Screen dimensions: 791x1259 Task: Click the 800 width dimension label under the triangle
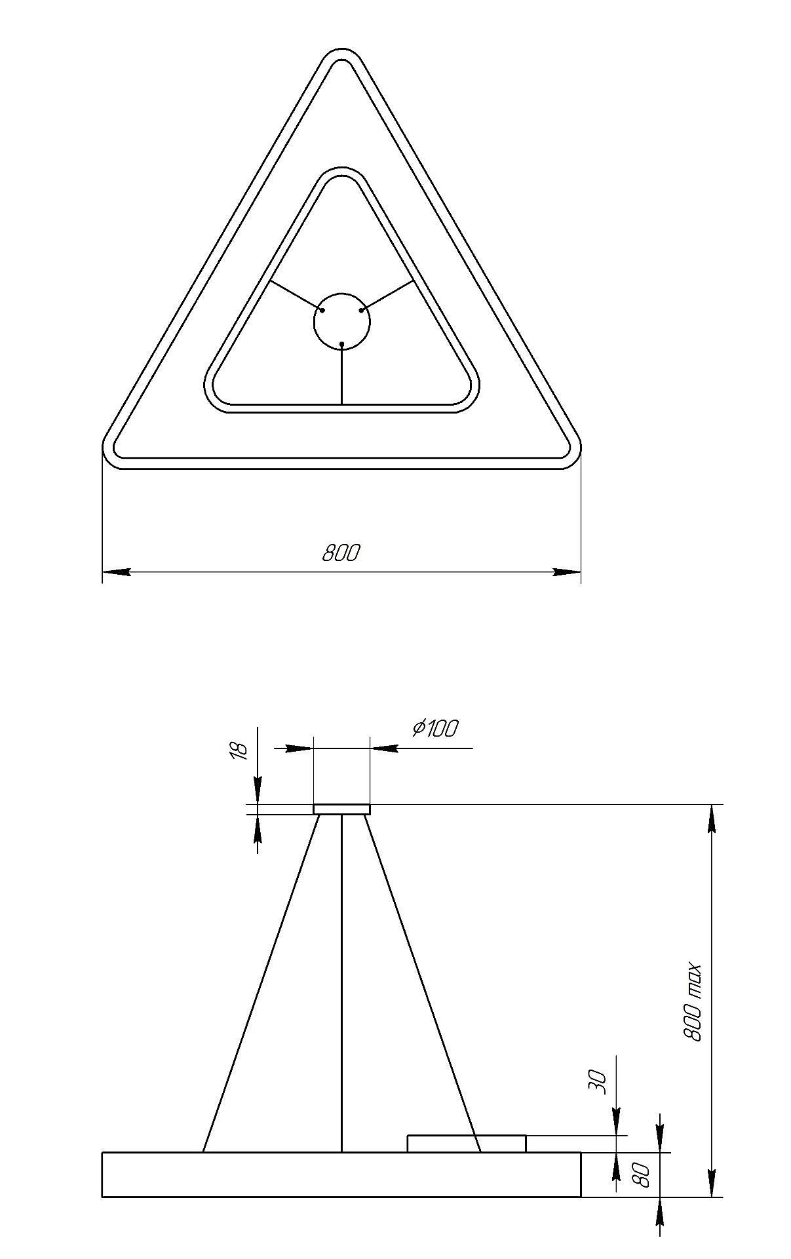341,553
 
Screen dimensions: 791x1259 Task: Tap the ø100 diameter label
435,728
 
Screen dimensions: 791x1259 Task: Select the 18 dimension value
240,750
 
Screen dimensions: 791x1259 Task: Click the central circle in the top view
342,320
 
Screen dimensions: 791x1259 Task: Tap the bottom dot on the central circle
342,343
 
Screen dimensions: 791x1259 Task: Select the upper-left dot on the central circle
322,310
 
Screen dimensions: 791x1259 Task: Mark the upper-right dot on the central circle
362,310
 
